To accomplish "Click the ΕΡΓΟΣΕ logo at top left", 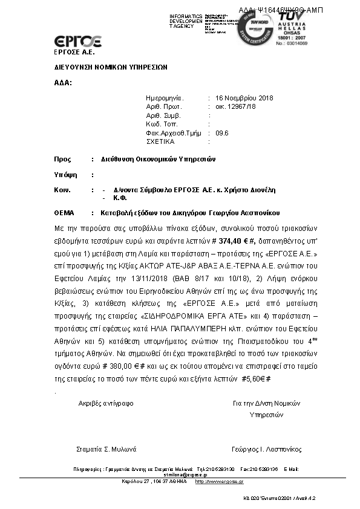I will coord(69,42).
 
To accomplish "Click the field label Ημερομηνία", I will coord(164,97).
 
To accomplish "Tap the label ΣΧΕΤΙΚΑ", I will coord(160,141).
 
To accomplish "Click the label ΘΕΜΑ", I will coord(63,213).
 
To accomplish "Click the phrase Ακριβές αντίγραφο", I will coord(105,403).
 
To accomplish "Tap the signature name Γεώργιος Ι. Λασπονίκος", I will coord(266,449).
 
